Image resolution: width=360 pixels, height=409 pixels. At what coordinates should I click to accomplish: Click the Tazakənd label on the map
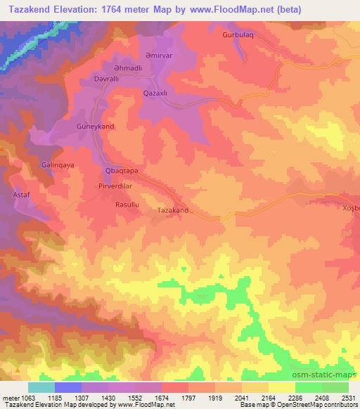point(173,210)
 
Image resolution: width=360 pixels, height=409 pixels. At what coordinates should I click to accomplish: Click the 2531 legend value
point(347,398)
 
